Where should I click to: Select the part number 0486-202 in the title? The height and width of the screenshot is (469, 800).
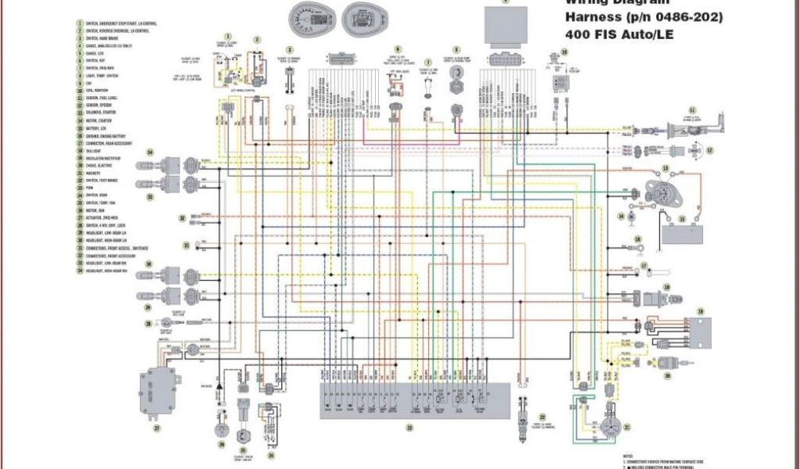687,16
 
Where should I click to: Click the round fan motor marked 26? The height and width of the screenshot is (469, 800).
221,431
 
